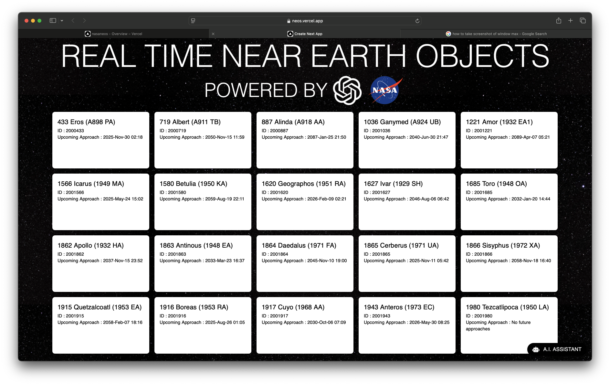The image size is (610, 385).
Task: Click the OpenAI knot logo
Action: point(347,91)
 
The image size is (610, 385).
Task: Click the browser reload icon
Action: point(417,21)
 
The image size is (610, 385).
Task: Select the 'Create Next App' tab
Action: point(305,34)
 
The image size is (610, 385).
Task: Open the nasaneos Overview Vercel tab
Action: point(113,34)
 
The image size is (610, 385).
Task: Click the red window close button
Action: point(26,21)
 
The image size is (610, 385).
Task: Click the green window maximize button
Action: point(39,21)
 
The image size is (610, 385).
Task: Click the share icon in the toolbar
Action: point(559,21)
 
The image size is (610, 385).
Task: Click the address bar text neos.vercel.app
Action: point(307,21)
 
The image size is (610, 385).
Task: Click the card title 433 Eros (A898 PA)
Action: point(86,122)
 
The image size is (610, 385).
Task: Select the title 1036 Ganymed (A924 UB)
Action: point(402,122)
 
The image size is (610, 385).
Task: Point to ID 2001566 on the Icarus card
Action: point(71,192)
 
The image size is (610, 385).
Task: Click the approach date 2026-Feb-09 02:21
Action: point(327,199)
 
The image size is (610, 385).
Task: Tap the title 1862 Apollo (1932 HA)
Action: point(90,245)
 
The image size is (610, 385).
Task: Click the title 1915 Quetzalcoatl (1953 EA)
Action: point(100,307)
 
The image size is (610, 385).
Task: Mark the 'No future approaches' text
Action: point(498,326)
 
